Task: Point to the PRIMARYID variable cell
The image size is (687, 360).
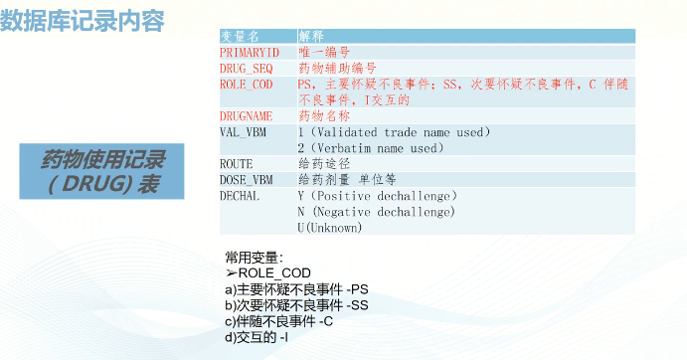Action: (250, 51)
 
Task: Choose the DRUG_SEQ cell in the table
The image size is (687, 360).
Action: (246, 68)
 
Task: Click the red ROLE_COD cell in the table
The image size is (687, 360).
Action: (246, 85)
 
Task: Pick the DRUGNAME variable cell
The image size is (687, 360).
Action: (246, 115)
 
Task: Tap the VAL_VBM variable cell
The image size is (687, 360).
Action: (243, 131)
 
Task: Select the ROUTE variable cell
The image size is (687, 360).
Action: (237, 163)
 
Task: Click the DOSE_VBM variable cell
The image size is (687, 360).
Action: (246, 179)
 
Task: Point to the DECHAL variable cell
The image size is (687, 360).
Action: (240, 195)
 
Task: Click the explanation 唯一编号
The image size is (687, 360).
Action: (323, 51)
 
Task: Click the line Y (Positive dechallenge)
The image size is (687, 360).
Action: (377, 196)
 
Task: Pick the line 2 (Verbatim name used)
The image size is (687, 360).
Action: (370, 148)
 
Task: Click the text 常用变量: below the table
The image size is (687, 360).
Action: (255, 258)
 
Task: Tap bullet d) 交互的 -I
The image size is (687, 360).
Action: (257, 337)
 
